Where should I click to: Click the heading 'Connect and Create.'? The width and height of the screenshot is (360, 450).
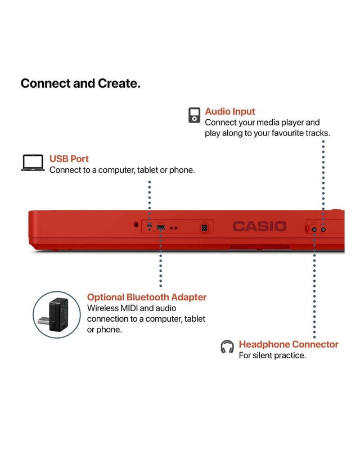tap(80, 83)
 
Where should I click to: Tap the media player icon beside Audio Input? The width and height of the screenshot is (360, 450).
tap(194, 115)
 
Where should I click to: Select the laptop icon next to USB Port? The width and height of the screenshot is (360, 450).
tap(33, 163)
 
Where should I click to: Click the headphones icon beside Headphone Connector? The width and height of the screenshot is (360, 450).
tap(227, 346)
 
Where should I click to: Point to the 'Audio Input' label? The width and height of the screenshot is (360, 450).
tap(229, 111)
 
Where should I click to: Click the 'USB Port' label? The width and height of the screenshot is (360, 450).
tap(69, 159)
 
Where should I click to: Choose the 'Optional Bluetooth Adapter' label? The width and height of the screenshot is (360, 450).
tap(146, 297)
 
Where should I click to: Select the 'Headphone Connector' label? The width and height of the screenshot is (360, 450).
tap(289, 344)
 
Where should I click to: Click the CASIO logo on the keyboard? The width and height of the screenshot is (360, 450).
tap(259, 226)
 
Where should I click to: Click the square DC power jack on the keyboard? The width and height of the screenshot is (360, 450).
tap(205, 227)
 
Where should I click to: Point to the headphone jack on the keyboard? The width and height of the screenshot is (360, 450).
tap(314, 228)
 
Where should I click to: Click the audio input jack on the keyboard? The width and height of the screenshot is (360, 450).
tap(323, 228)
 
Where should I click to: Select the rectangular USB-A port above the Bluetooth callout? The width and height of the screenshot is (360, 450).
tap(161, 227)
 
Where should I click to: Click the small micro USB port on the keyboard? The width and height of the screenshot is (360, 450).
tap(149, 227)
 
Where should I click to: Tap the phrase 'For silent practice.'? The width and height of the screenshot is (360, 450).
tap(272, 355)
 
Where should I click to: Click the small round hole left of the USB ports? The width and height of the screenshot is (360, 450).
tap(136, 224)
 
